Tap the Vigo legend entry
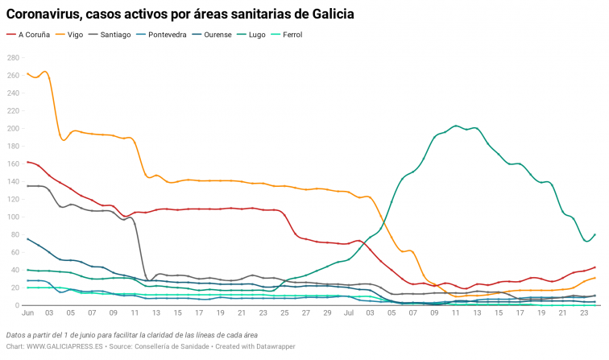pyautogui.click(x=76, y=35)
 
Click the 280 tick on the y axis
pyautogui.click(x=13, y=58)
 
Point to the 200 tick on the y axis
pyautogui.click(x=13, y=129)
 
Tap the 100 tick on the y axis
pyautogui.click(x=13, y=217)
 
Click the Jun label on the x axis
pyautogui.click(x=28, y=312)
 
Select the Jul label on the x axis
pyautogui.click(x=350, y=312)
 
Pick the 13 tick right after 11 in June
pyautogui.click(x=156, y=312)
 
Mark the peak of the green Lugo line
pyautogui.click(x=457, y=126)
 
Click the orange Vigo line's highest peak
pyautogui.click(x=43, y=72)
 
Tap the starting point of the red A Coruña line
pyautogui.click(x=27, y=162)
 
